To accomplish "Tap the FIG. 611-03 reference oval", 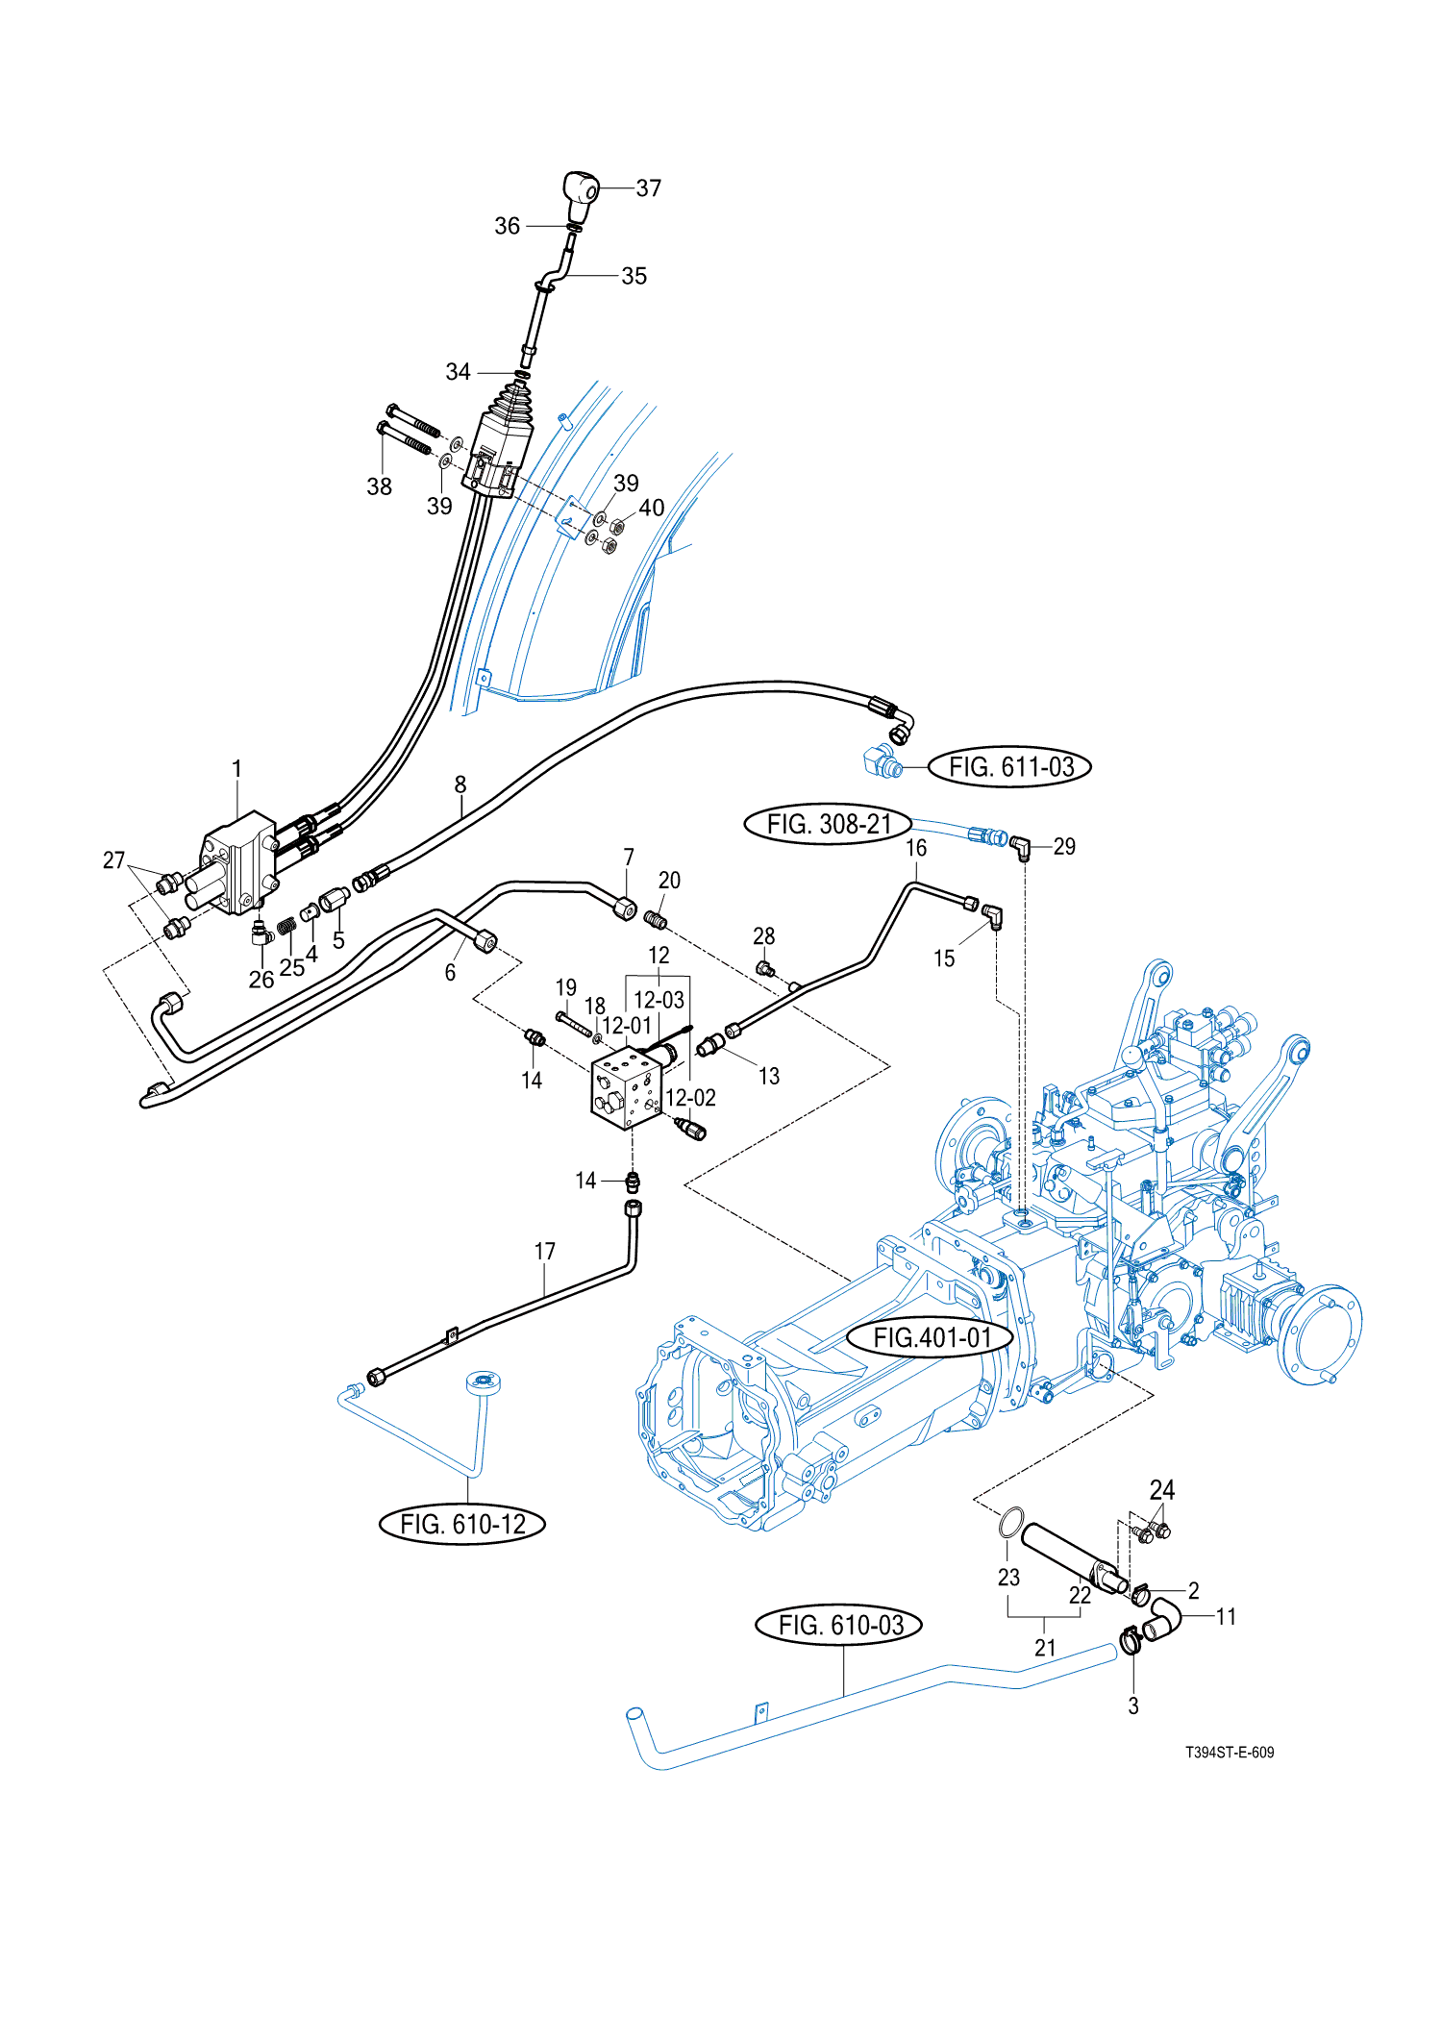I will (1009, 767).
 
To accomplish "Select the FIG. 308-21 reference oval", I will (828, 824).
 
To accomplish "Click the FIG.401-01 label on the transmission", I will (931, 1337).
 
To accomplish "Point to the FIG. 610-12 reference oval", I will (462, 1524).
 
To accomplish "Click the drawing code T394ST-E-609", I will (1229, 1752).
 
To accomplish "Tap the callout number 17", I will (545, 1251).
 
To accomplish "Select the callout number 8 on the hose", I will (460, 784).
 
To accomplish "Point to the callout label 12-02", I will (690, 1098).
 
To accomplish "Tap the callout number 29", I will (1064, 846).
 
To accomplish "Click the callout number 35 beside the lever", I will (634, 276).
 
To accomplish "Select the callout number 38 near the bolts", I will (379, 486).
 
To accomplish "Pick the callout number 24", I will (1162, 1490).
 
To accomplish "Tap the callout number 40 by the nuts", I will (652, 508).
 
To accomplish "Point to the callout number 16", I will (916, 848).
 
